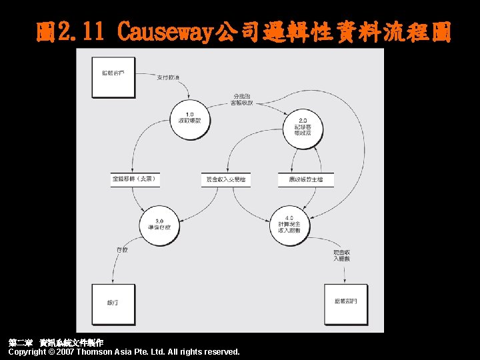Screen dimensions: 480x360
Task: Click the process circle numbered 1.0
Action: [189, 119]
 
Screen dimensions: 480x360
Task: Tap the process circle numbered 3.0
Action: [160, 224]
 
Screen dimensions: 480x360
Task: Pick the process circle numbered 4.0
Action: [289, 225]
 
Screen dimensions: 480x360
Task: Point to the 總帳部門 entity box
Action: [345, 301]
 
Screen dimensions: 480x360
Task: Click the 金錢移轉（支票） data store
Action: [135, 179]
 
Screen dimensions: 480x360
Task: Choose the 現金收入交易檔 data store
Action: [226, 180]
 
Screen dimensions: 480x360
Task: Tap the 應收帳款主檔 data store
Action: [305, 180]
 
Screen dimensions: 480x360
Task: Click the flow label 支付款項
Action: [167, 79]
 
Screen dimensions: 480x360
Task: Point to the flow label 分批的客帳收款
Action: [241, 99]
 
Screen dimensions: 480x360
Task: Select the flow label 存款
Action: [121, 250]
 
